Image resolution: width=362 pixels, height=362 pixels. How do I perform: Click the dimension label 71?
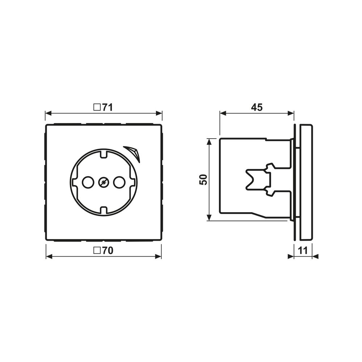[107, 108]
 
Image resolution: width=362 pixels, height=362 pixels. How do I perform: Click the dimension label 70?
[108, 251]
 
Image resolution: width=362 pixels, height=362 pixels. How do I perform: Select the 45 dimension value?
[257, 108]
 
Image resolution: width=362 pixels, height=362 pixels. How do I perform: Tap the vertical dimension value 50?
[203, 180]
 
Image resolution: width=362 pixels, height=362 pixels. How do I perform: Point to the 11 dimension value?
[303, 251]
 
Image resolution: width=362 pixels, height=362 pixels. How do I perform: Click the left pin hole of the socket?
[88, 182]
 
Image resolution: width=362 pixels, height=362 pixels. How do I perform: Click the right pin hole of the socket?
[119, 182]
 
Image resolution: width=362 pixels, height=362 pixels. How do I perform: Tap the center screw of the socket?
[104, 182]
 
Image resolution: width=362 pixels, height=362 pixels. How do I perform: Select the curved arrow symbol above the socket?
[132, 152]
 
